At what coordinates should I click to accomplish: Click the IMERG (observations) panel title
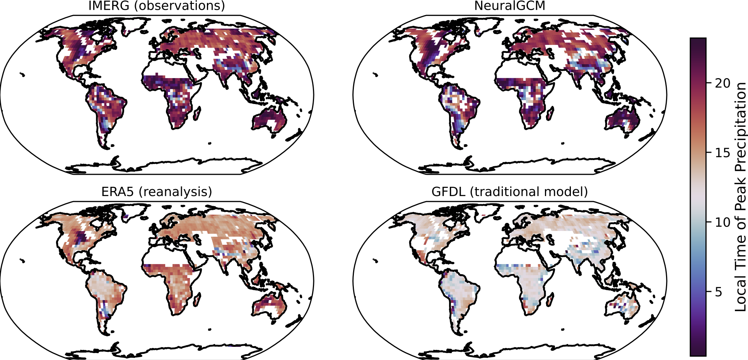pyautogui.click(x=156, y=6)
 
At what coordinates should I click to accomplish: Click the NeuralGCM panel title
pyautogui.click(x=510, y=6)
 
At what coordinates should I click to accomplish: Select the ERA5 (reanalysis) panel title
pyautogui.click(x=157, y=192)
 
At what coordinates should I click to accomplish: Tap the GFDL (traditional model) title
pyautogui.click(x=510, y=192)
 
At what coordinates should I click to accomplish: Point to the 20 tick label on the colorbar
pyautogui.click(x=722, y=83)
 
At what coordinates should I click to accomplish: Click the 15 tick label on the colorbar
pyautogui.click(x=722, y=153)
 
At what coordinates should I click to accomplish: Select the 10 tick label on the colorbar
pyautogui.click(x=722, y=222)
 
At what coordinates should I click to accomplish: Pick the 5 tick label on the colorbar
pyautogui.click(x=718, y=292)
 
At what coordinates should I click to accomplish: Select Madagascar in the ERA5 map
pyautogui.click(x=197, y=299)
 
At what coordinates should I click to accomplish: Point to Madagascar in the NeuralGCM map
pyautogui.click(x=550, y=113)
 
